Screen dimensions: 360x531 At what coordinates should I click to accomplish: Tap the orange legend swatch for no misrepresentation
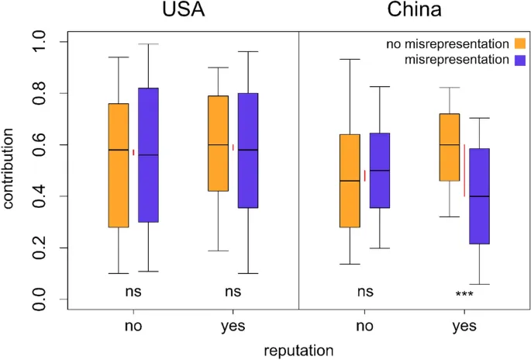[519, 42]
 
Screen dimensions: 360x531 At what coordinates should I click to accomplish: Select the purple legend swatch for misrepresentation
[519, 59]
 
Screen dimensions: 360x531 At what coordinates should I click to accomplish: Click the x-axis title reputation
[299, 350]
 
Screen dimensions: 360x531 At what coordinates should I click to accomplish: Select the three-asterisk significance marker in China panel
[464, 295]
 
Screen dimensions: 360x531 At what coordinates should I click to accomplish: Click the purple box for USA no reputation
[147, 155]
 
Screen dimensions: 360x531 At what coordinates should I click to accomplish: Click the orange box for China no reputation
[350, 181]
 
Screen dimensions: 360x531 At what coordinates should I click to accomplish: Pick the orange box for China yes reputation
[450, 147]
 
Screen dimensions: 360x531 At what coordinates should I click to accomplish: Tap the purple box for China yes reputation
[479, 196]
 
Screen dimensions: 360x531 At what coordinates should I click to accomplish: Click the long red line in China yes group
[464, 171]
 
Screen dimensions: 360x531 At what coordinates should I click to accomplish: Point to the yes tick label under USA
[233, 327]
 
